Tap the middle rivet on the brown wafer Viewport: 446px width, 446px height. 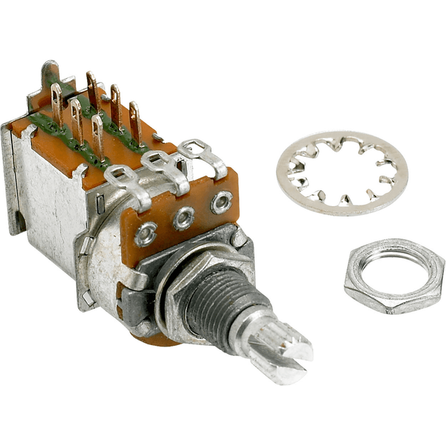pyautogui.click(x=183, y=220)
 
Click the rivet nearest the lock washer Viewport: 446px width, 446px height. pyautogui.click(x=221, y=203)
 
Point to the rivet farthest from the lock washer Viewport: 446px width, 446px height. pyautogui.click(x=145, y=235)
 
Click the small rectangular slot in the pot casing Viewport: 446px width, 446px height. pyautogui.click(x=87, y=298)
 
